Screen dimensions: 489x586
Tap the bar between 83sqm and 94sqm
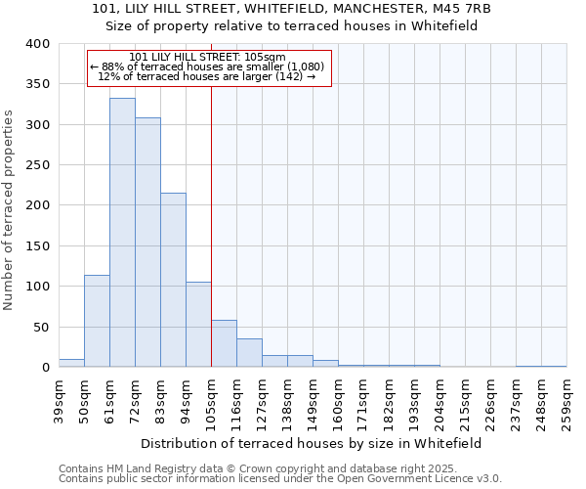(x=173, y=280)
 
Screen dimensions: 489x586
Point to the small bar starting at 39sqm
(x=71, y=363)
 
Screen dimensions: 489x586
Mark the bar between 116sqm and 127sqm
(x=249, y=353)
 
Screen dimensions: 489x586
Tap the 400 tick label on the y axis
(x=37, y=44)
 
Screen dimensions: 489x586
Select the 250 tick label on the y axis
(x=37, y=165)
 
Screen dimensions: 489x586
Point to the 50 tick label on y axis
(x=41, y=327)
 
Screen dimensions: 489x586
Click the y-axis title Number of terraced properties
(x=9, y=209)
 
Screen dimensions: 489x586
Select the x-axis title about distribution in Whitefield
(x=311, y=442)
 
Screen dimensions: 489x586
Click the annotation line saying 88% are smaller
(x=210, y=67)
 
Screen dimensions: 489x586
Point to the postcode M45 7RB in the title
(x=457, y=9)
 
